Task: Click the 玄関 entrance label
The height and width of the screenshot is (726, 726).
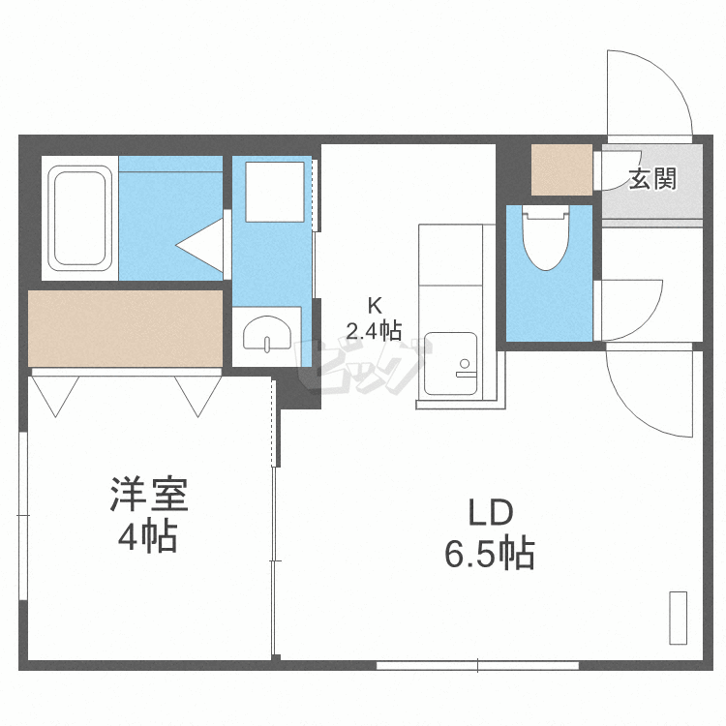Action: click(651, 179)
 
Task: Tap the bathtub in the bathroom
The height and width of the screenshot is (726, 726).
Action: click(81, 218)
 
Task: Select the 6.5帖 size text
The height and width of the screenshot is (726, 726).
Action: click(490, 555)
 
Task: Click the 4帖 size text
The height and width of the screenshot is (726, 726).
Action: click(147, 535)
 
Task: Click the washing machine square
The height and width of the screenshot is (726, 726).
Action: click(274, 192)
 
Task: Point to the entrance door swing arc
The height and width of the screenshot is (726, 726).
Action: click(647, 92)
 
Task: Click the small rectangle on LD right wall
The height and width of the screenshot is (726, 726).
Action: click(678, 617)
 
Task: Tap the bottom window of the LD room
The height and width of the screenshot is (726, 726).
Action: click(477, 665)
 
